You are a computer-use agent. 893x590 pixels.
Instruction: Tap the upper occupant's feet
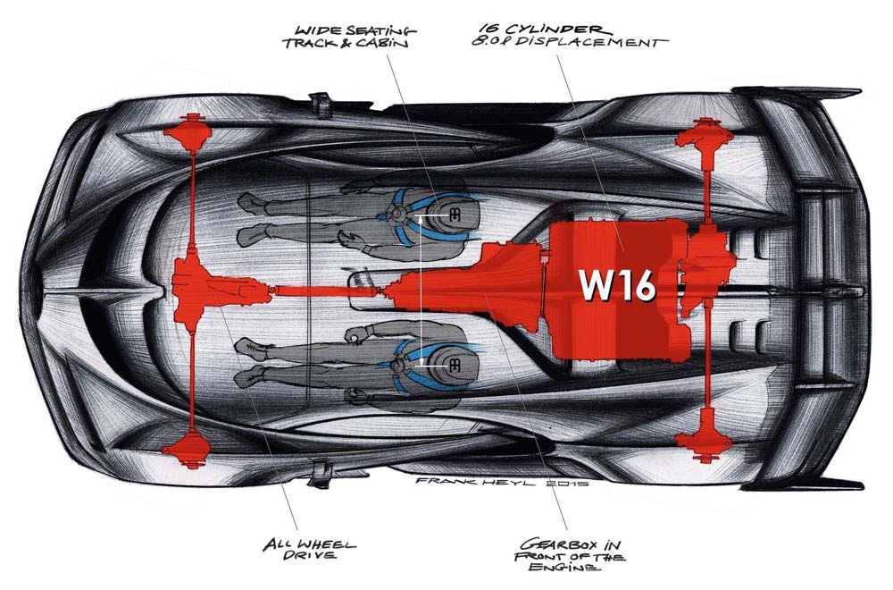click(x=254, y=218)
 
